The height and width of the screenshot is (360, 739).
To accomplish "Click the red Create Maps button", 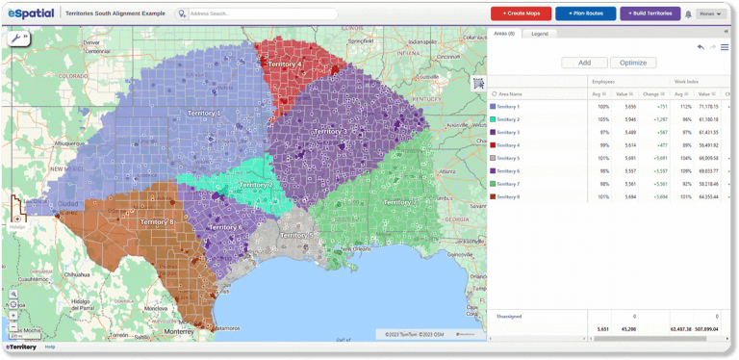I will (x=521, y=13).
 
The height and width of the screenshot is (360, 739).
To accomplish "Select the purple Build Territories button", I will (x=650, y=13).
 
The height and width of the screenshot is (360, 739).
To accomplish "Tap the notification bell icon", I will (x=688, y=14).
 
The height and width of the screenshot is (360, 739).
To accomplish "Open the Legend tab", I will (x=540, y=34).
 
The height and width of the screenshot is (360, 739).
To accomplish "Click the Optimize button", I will (x=633, y=63).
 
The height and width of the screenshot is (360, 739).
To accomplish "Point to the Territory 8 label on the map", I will (x=157, y=221).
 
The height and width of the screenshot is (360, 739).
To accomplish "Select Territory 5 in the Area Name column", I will (x=507, y=158).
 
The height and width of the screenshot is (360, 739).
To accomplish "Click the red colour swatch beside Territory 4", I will (x=493, y=145).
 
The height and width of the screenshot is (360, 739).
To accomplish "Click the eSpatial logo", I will (x=31, y=13).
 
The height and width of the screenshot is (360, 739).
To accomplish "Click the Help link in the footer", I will (x=50, y=347).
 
